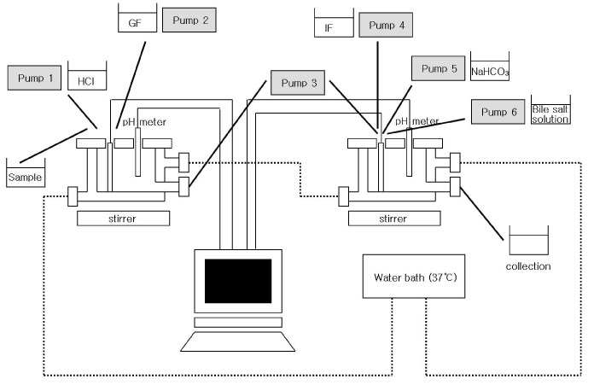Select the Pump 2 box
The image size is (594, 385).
(x=190, y=19)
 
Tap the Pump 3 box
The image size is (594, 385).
(x=296, y=83)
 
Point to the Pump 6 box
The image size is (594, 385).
(x=498, y=112)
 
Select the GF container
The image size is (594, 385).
(x=136, y=20)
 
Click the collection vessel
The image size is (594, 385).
(x=528, y=242)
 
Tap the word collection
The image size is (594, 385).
(x=528, y=266)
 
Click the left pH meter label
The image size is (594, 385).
(x=144, y=122)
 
